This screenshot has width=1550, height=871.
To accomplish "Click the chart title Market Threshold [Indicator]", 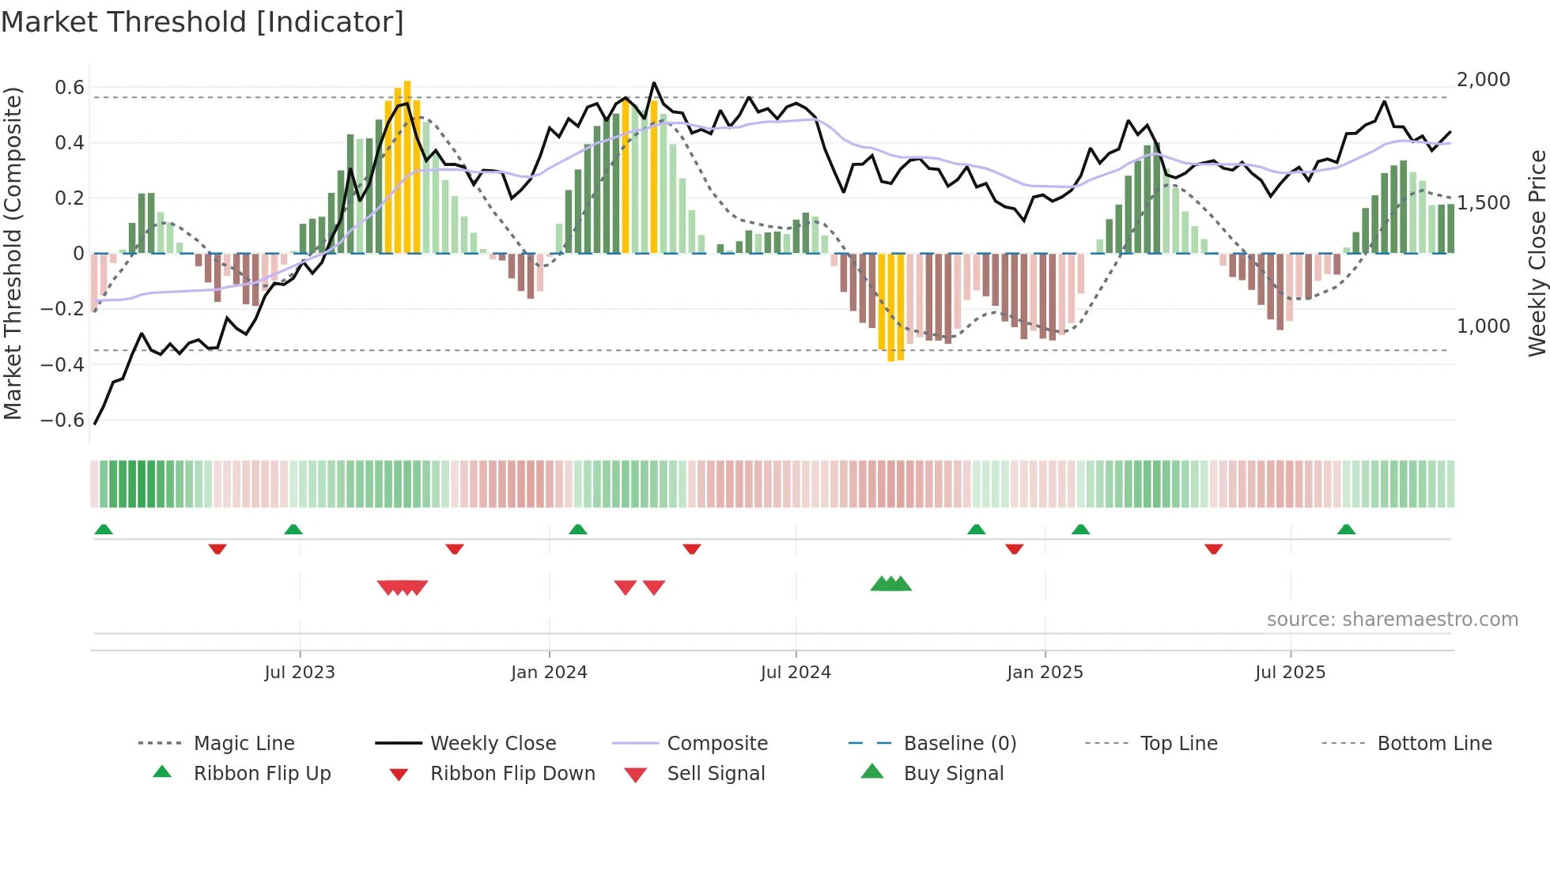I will point(202,22).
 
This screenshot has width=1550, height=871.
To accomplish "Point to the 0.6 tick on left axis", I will point(70,88).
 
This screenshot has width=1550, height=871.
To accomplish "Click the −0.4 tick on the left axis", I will point(62,364).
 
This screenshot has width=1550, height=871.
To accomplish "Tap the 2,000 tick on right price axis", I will point(1484,80).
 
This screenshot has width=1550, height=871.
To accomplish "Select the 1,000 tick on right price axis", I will point(1484,326).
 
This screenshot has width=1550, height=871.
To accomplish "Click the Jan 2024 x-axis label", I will point(549,673).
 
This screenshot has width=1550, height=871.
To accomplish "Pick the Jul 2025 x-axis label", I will point(1290,673).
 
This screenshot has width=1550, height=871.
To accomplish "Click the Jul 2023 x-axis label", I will point(300,673).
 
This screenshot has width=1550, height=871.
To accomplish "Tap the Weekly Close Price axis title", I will point(1537,253).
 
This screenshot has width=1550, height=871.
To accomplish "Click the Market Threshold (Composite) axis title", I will point(13,253).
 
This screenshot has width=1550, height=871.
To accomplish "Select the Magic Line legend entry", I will point(244,744).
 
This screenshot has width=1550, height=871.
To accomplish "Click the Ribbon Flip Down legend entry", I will point(512,774).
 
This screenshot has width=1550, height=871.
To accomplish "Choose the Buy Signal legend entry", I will point(953,774).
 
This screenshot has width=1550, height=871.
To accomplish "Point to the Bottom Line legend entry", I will point(1434,744).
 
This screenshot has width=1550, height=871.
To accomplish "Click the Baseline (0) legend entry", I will point(959,744).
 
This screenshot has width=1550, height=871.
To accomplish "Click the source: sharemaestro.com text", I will point(1392,620).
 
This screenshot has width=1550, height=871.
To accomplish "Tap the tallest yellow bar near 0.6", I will point(407,166).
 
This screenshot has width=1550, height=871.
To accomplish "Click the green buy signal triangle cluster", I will point(891,584).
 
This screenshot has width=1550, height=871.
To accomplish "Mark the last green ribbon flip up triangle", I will point(1346,530).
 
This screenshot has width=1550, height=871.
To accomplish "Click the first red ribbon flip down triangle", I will point(217,549).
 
